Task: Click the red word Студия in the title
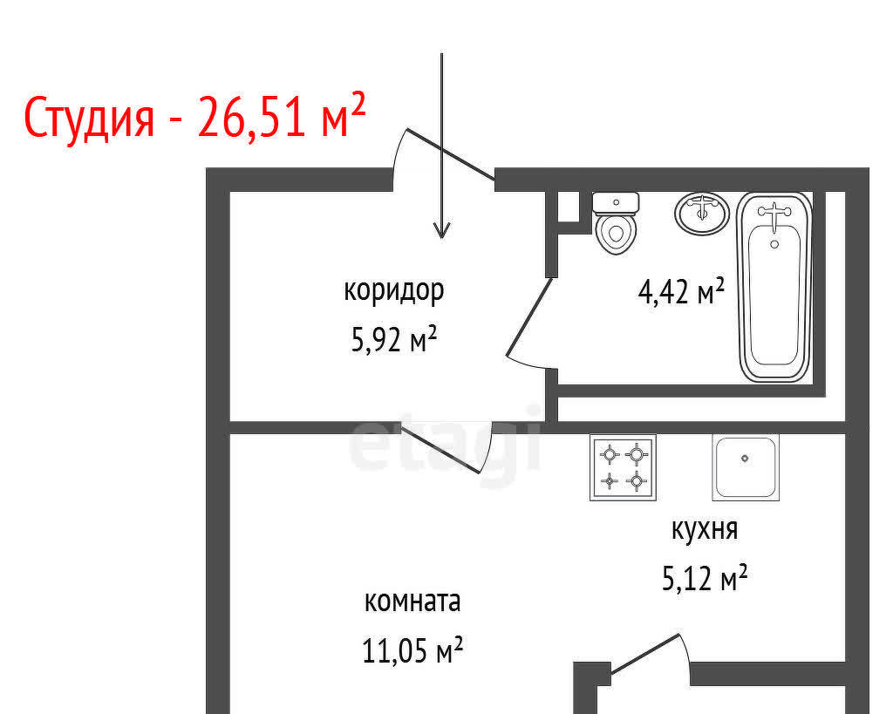(x=90, y=117)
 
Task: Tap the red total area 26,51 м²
(x=281, y=115)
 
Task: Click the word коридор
(x=393, y=291)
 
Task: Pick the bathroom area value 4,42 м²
(x=681, y=291)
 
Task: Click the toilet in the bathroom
(x=616, y=223)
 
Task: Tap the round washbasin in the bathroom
(x=702, y=214)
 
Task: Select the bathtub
(x=774, y=287)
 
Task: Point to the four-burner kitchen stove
(x=623, y=467)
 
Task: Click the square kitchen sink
(x=746, y=467)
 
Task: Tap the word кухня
(x=705, y=530)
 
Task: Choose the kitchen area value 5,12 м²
(x=705, y=579)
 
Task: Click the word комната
(x=412, y=602)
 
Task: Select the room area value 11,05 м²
(x=412, y=650)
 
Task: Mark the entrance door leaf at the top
(x=450, y=154)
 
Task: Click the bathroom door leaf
(x=529, y=316)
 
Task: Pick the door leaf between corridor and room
(x=440, y=449)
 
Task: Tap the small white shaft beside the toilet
(x=568, y=207)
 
